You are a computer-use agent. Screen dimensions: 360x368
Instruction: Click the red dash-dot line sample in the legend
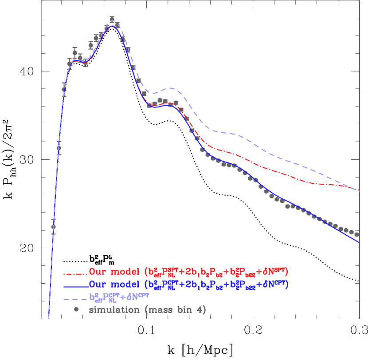pyautogui.click(x=75, y=273)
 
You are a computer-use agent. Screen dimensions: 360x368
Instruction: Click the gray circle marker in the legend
pyautogui.click(x=76, y=309)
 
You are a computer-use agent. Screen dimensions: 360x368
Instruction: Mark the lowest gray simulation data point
pyautogui.click(x=53, y=227)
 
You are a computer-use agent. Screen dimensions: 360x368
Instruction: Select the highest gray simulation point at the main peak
pyautogui.click(x=112, y=19)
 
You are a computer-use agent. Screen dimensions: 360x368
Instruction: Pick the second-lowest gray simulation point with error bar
pyautogui.click(x=59, y=148)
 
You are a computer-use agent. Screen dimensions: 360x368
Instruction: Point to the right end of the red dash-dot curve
pyautogui.click(x=359, y=191)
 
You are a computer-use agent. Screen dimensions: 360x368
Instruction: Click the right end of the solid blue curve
pyautogui.click(x=359, y=242)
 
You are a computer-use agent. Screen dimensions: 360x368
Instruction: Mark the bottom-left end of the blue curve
pyautogui.click(x=48, y=317)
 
